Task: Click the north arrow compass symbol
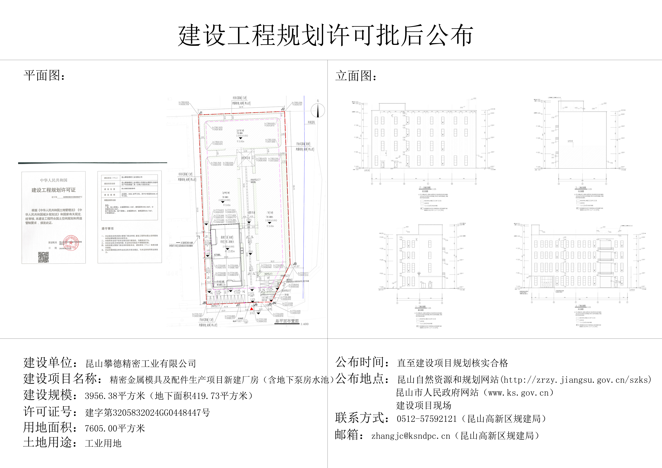[318, 111]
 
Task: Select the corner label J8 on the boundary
[204, 303]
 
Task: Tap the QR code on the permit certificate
[44, 257]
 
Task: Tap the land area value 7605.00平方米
[115, 428]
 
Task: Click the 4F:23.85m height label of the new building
[230, 251]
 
